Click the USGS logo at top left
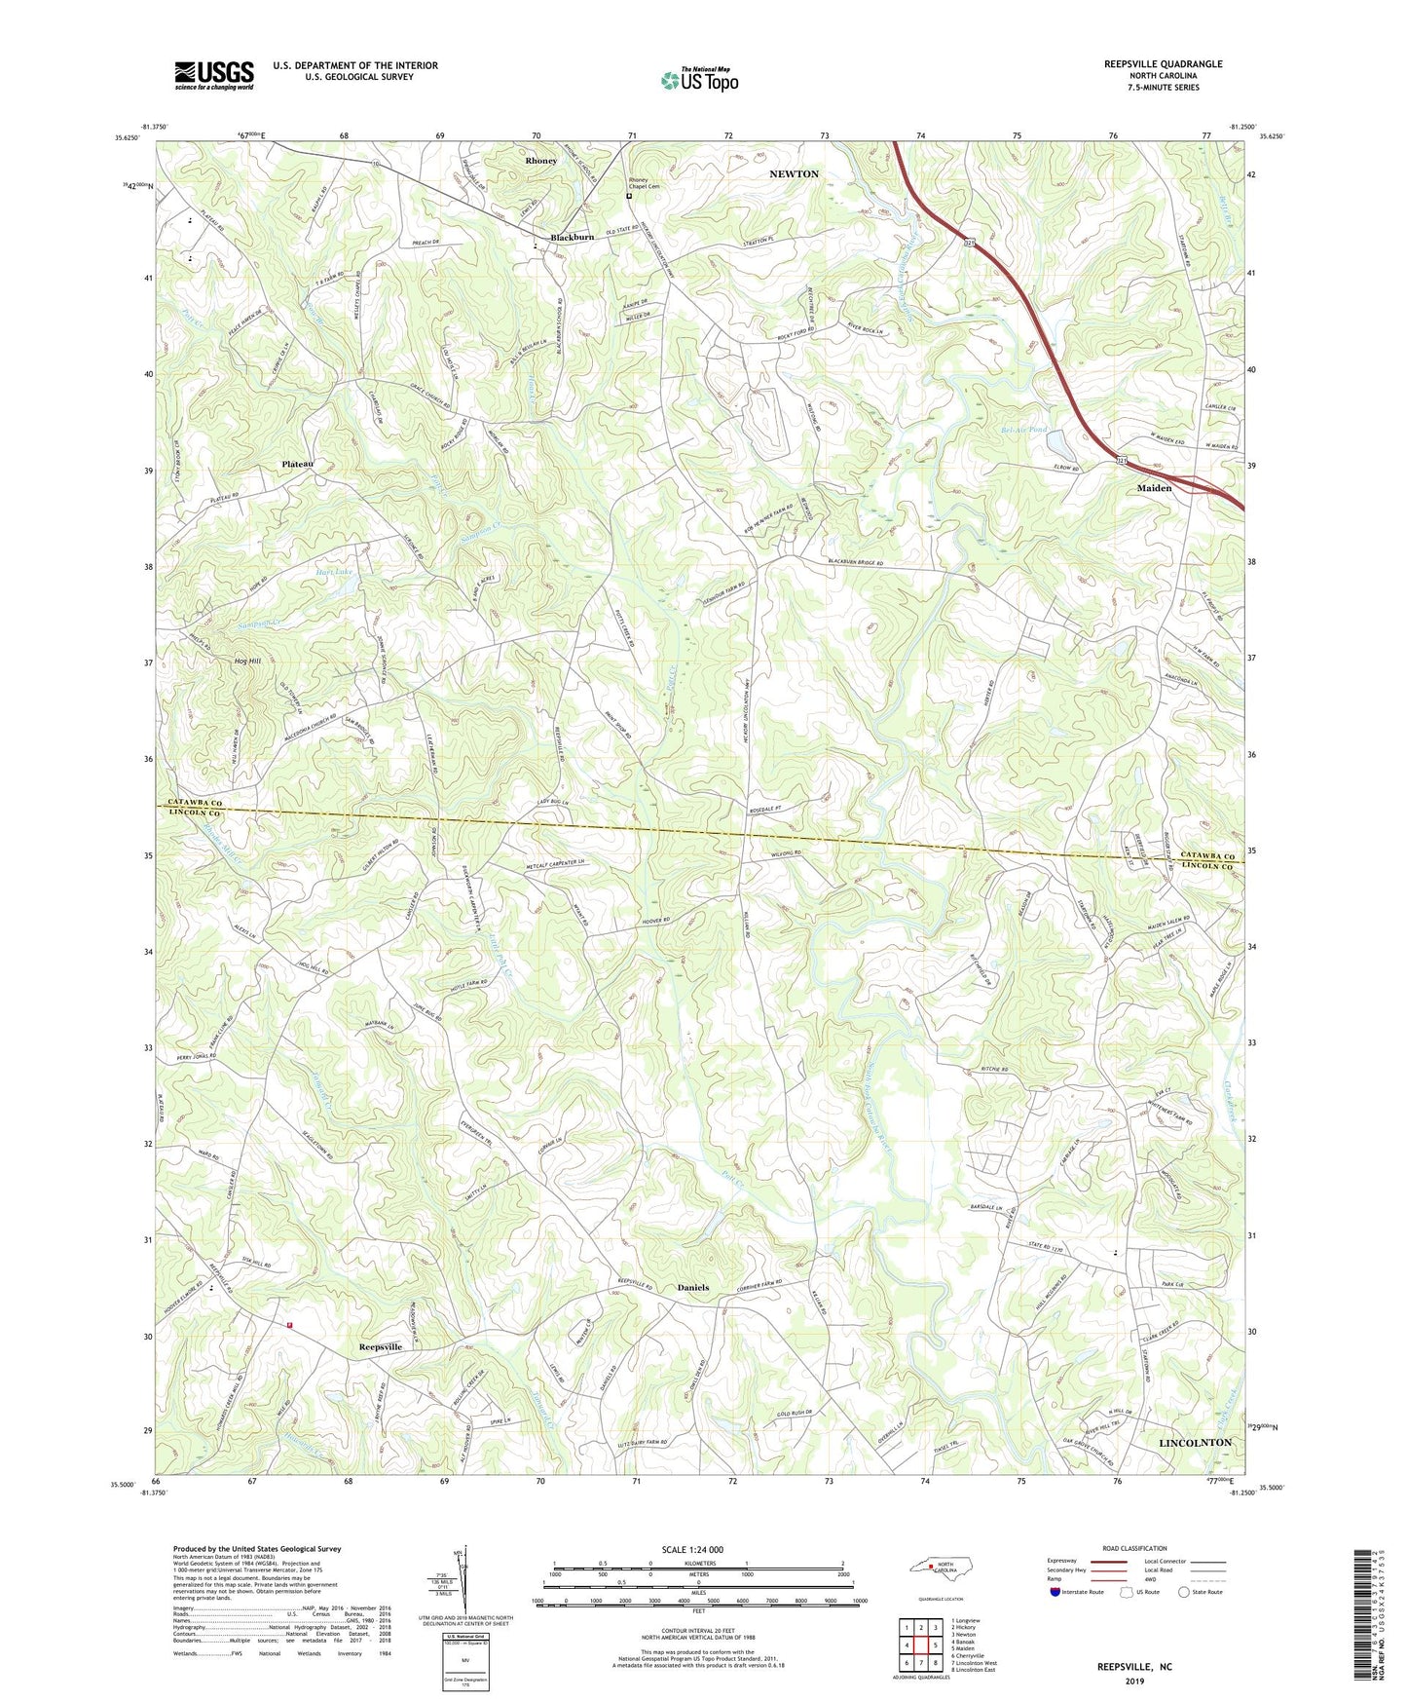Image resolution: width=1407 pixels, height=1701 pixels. [x=214, y=75]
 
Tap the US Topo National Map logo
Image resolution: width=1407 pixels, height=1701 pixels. [x=699, y=79]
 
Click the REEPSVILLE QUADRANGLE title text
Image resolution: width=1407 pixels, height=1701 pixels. [x=1149, y=64]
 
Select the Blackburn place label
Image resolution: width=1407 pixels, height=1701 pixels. [x=572, y=238]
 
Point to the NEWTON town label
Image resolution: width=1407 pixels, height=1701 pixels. [x=794, y=174]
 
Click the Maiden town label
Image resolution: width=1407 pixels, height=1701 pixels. [x=1154, y=488]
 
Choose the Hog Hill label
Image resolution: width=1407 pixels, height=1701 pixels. [x=247, y=661]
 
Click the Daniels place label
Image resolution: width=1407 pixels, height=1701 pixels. [x=693, y=1287]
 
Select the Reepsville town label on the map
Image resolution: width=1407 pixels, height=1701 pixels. [x=380, y=1346]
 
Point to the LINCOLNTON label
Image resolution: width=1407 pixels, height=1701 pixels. [x=1195, y=1442]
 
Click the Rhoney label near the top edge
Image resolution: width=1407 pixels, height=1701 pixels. [x=541, y=161]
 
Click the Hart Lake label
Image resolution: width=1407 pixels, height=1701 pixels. [x=334, y=572]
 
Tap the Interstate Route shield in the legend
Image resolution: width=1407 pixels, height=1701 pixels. [x=1056, y=1592]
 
